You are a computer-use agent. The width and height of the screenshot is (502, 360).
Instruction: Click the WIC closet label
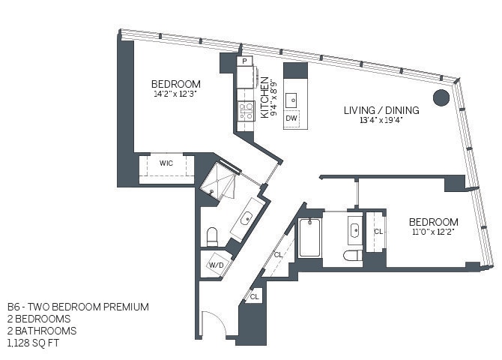166,162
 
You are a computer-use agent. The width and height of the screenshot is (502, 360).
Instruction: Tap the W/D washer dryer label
216,265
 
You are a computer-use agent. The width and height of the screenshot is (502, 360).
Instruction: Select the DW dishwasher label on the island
292,118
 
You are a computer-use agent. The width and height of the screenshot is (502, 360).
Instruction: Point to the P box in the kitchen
245,62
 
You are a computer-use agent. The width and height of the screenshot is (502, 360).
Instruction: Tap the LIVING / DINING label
381,110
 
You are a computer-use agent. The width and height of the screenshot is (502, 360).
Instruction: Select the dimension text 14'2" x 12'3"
175,94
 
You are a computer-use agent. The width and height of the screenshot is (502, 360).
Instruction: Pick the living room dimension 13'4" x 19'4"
381,121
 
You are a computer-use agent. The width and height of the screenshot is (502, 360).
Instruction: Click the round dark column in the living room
441,97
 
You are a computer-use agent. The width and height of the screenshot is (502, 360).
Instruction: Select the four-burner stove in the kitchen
246,111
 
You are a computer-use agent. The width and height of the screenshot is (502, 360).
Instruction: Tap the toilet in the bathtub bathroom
352,256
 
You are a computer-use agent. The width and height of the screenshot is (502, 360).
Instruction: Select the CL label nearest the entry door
254,297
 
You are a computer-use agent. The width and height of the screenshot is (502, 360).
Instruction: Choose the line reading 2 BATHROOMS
43,330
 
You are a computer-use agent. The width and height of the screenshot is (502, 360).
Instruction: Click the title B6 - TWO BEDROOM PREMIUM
78,307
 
